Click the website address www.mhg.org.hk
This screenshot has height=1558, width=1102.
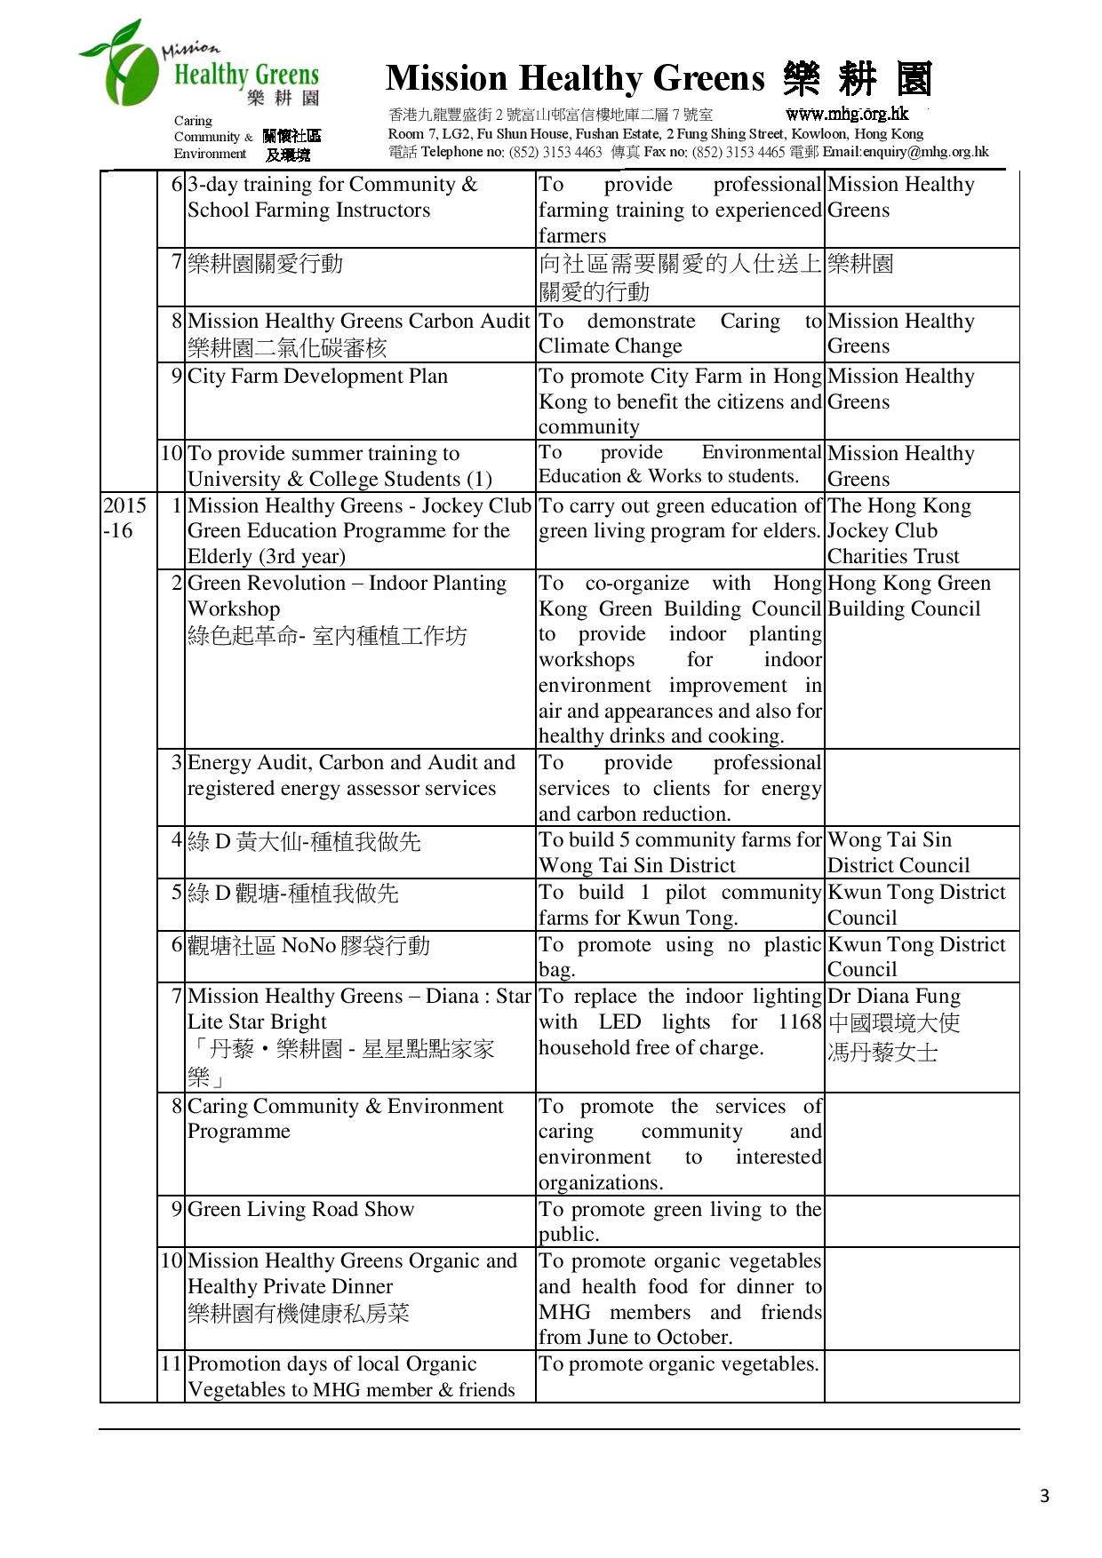coord(847,113)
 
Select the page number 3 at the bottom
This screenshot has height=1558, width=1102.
coord(1044,1496)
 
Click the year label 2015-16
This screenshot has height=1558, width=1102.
coord(124,518)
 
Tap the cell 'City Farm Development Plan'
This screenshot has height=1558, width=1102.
coord(317,377)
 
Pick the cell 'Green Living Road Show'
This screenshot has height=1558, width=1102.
coord(300,1209)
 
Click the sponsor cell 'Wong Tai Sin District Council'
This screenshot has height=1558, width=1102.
coord(898,853)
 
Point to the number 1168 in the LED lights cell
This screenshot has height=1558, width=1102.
coord(799,1021)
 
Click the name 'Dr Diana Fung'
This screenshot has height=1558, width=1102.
coord(893,997)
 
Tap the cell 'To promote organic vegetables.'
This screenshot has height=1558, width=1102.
coord(679,1364)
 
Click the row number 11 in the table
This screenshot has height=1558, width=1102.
coord(171,1364)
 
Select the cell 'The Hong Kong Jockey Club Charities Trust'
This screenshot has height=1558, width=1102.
coord(898,531)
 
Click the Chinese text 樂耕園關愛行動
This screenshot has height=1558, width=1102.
coord(265,264)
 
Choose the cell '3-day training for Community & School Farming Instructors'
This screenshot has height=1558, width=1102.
coord(331,197)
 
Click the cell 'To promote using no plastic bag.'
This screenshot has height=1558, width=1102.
coord(679,957)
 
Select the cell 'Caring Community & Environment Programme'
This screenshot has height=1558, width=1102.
coord(345,1118)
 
